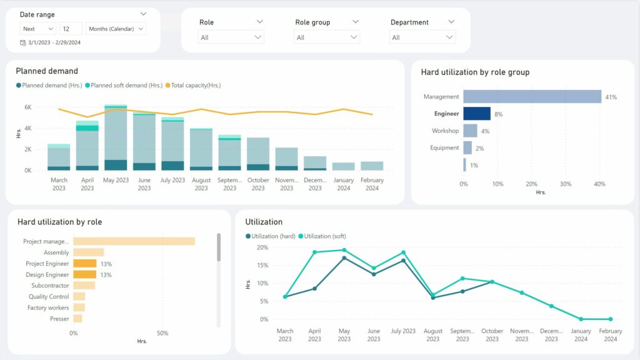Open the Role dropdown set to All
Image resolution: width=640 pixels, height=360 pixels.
[x=231, y=37]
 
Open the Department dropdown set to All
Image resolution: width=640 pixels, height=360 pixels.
[x=422, y=37]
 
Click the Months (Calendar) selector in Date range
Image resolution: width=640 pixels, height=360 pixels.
[x=116, y=29]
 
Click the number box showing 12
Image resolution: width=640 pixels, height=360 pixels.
[x=71, y=29]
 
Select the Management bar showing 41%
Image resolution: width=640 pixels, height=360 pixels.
[x=532, y=97]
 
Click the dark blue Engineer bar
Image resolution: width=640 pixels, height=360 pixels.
[x=477, y=114]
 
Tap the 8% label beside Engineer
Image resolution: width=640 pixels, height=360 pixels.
[x=498, y=114]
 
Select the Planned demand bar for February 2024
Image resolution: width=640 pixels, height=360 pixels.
[x=372, y=166]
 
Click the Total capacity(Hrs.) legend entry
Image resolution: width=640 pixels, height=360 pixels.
[x=196, y=86]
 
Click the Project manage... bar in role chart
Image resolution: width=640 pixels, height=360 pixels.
[x=134, y=241]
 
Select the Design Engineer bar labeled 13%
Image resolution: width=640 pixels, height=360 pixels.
[x=85, y=274]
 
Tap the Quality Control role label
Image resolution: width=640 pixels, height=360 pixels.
[x=49, y=297]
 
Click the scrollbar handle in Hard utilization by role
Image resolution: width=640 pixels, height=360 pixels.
[x=218, y=247]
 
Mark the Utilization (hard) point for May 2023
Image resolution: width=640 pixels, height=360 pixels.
[x=344, y=258]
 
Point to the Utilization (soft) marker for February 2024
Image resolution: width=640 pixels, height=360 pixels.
[x=611, y=319]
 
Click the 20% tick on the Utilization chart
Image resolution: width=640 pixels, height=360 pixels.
[x=263, y=247]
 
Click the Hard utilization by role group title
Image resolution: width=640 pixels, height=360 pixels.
[x=475, y=72]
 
